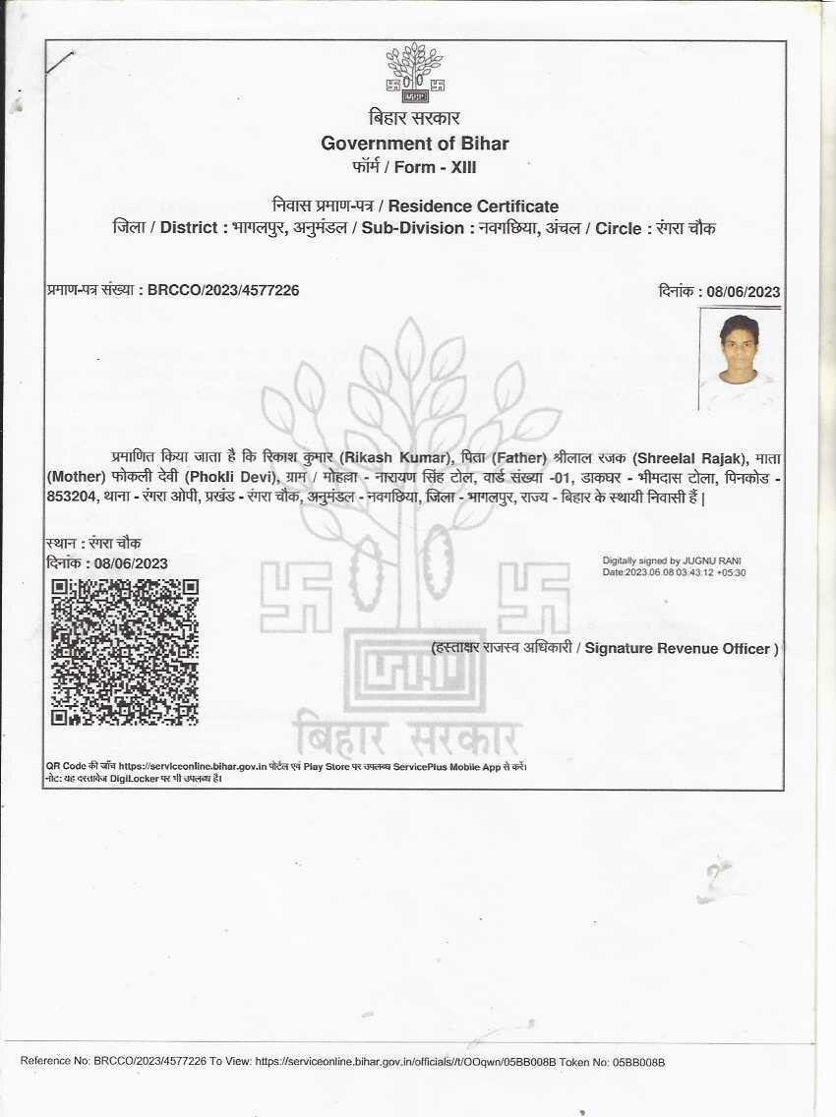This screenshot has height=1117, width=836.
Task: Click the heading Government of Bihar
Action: (414, 144)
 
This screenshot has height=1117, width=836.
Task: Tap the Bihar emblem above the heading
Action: (414, 72)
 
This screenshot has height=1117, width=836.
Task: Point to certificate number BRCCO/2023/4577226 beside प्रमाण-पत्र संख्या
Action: (223, 290)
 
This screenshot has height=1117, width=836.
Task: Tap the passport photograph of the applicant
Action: (740, 360)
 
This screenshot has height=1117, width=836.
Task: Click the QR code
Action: (125, 652)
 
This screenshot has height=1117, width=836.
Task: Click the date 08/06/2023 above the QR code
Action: (131, 563)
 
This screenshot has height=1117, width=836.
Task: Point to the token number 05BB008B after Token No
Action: (639, 1062)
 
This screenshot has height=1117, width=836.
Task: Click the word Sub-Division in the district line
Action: (412, 228)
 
